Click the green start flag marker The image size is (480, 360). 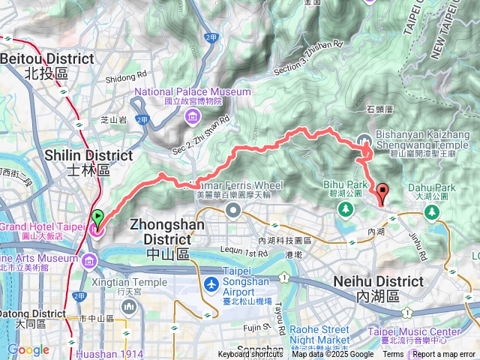[x=97, y=218]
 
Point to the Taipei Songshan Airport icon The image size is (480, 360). [x=211, y=286]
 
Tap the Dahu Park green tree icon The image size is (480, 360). [x=432, y=211]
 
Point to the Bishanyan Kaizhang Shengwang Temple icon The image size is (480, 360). [x=364, y=139]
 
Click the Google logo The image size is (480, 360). [x=28, y=349]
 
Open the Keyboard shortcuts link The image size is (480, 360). [x=250, y=355]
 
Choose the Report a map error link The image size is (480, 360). [x=445, y=355]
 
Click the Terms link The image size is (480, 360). [x=393, y=355]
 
